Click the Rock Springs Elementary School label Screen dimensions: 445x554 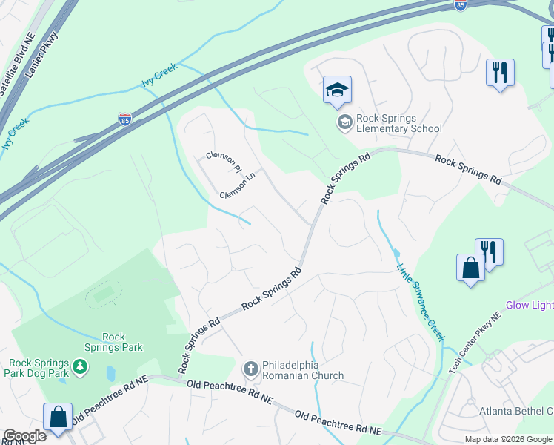tap(398, 123)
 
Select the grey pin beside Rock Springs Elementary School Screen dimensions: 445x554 tap(344, 122)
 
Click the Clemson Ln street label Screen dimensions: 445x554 tap(237, 188)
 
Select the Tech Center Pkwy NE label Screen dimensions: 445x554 tap(475, 343)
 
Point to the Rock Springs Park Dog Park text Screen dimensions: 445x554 tap(39, 368)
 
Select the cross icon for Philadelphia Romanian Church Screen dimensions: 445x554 tap(250, 369)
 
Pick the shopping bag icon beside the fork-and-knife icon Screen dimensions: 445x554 tap(470, 268)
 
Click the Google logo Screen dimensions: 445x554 tap(24, 436)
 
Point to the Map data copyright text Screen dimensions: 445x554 tap(507, 439)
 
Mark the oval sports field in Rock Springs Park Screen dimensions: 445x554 tap(104, 294)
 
